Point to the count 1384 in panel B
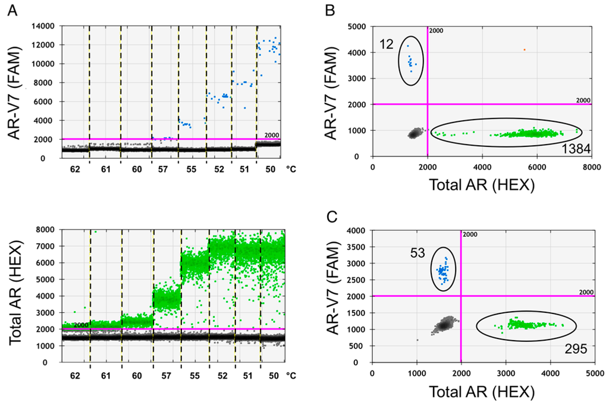click(575, 149)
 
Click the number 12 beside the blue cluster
click(387, 43)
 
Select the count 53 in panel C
click(417, 253)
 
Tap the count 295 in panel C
click(575, 349)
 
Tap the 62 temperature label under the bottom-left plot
click(75, 376)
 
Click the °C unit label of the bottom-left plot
click(291, 376)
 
